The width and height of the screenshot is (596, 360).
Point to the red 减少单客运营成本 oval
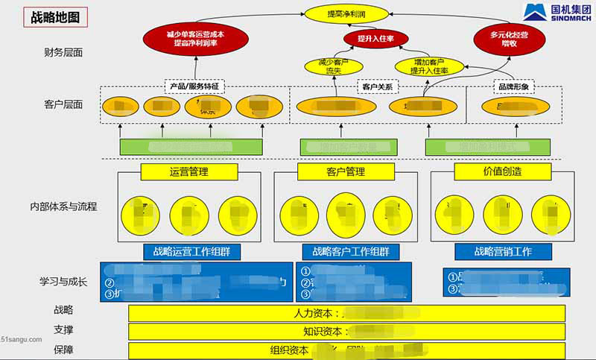(x=196, y=39)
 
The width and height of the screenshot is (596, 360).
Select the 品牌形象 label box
(x=512, y=86)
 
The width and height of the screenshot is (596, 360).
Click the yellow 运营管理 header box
(x=188, y=172)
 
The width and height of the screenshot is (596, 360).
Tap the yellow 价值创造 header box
(x=502, y=171)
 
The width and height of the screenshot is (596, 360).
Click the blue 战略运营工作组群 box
(x=192, y=251)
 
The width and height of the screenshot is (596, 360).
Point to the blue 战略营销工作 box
(x=503, y=251)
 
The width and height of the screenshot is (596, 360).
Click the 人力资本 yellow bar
(x=346, y=313)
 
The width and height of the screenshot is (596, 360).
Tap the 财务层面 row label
(x=63, y=53)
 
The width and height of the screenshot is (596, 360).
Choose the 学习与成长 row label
(x=63, y=282)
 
